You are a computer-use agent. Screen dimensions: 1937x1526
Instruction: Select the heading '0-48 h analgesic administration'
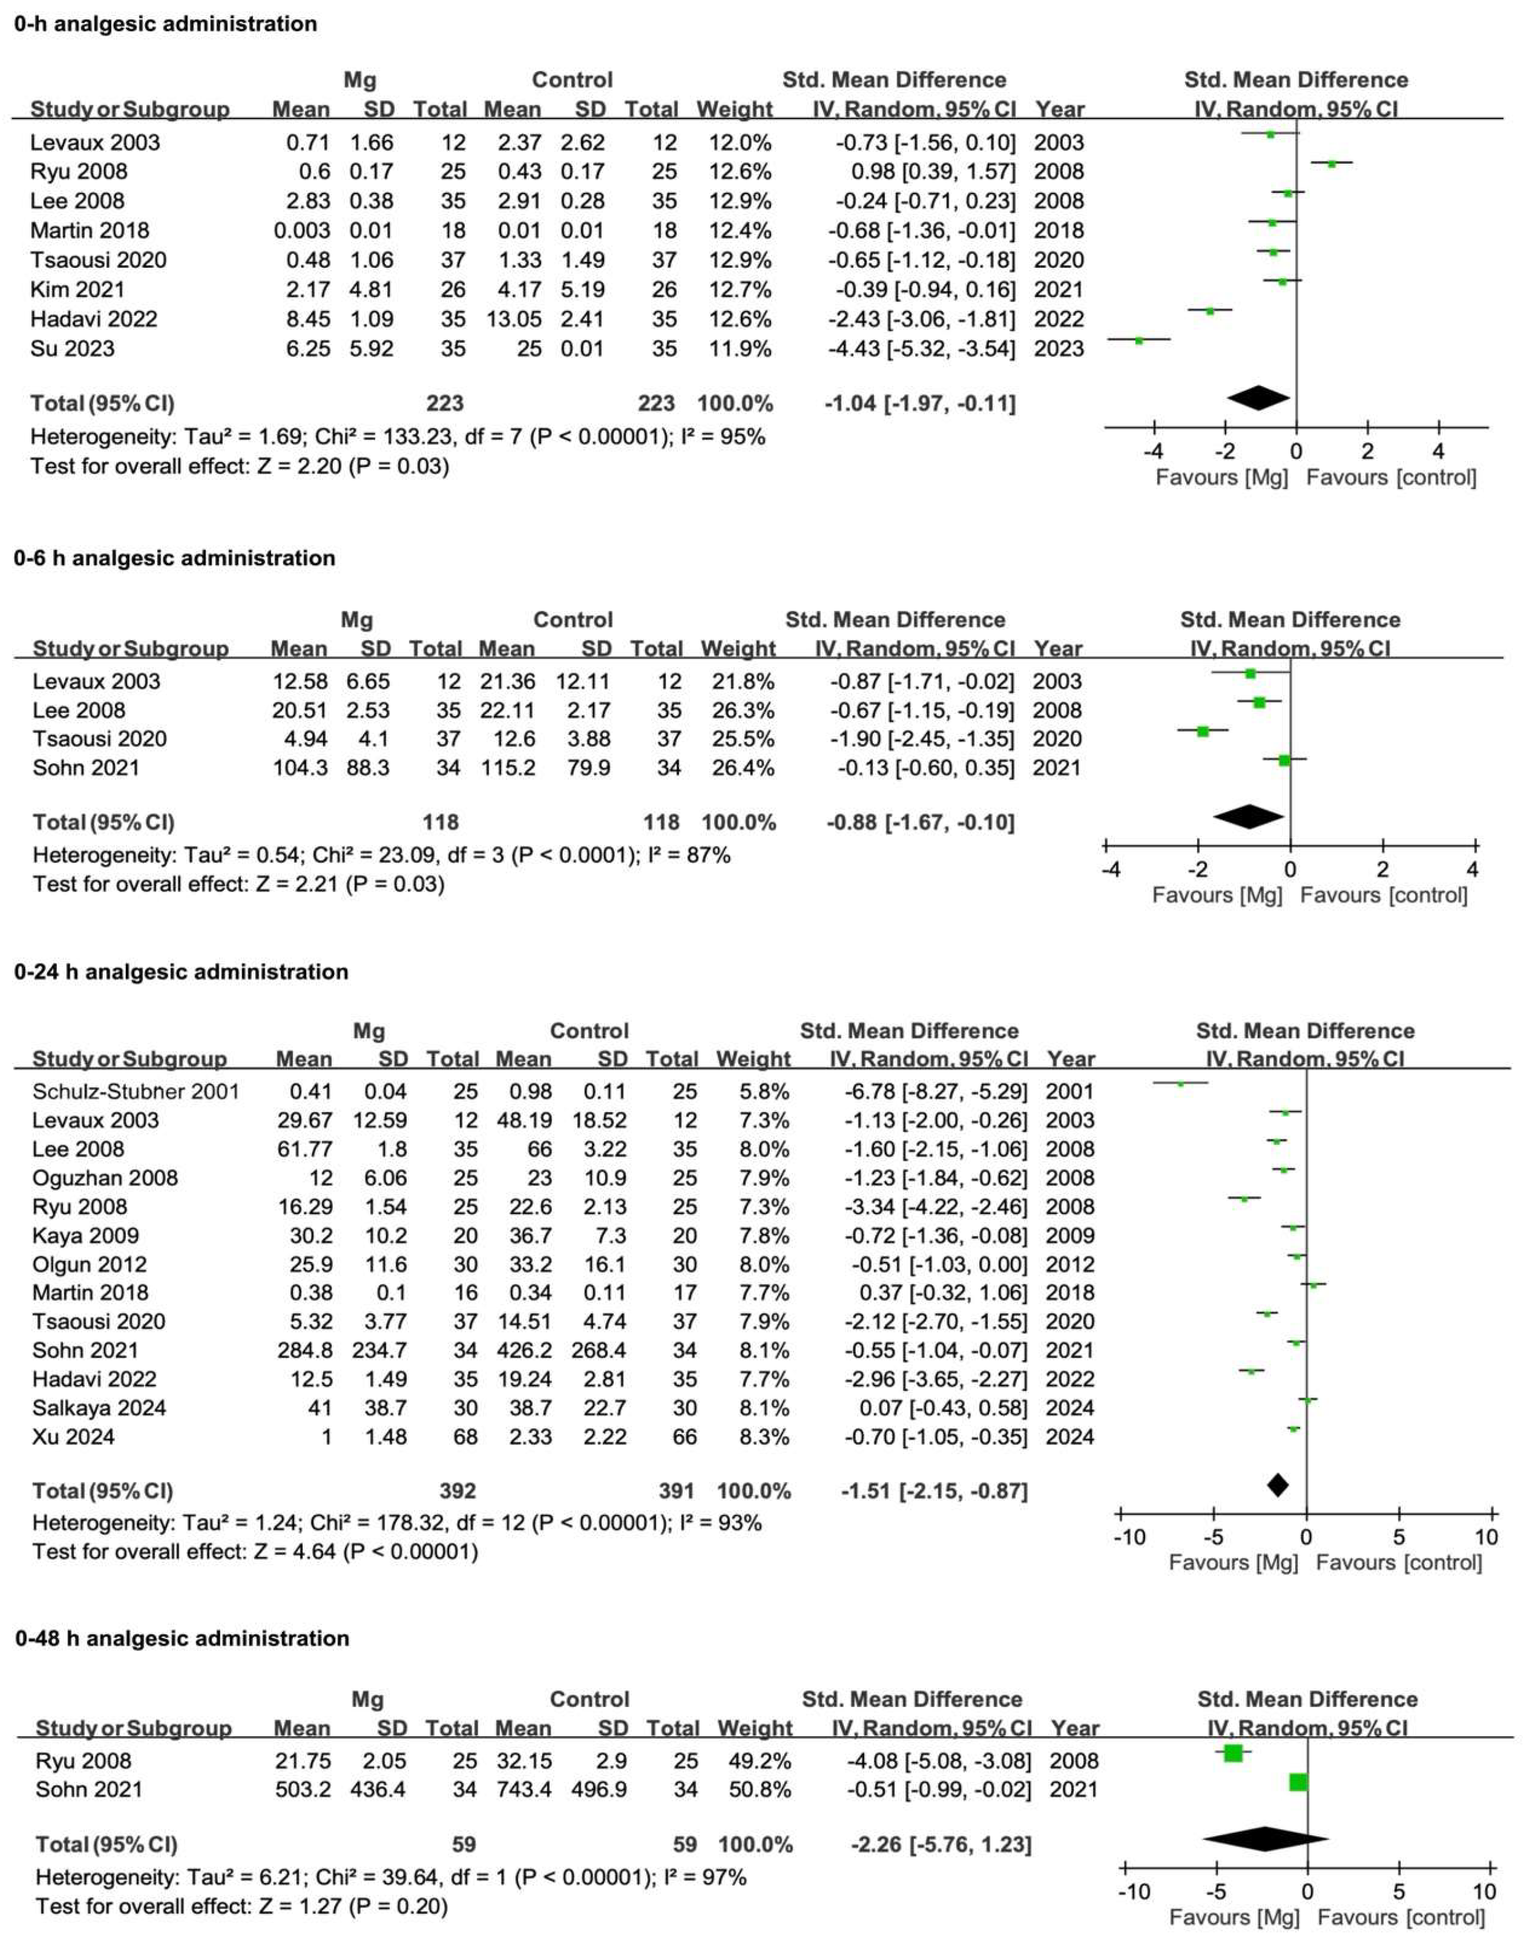tap(182, 1638)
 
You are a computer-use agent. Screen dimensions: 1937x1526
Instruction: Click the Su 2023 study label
tap(73, 348)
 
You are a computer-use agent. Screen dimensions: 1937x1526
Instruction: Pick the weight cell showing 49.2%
tap(754, 1761)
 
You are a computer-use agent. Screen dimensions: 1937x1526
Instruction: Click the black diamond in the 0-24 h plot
tap(1278, 1485)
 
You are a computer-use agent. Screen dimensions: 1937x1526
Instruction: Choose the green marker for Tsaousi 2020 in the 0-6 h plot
tap(1203, 732)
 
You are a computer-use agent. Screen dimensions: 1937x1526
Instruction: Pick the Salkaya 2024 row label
tap(99, 1408)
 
